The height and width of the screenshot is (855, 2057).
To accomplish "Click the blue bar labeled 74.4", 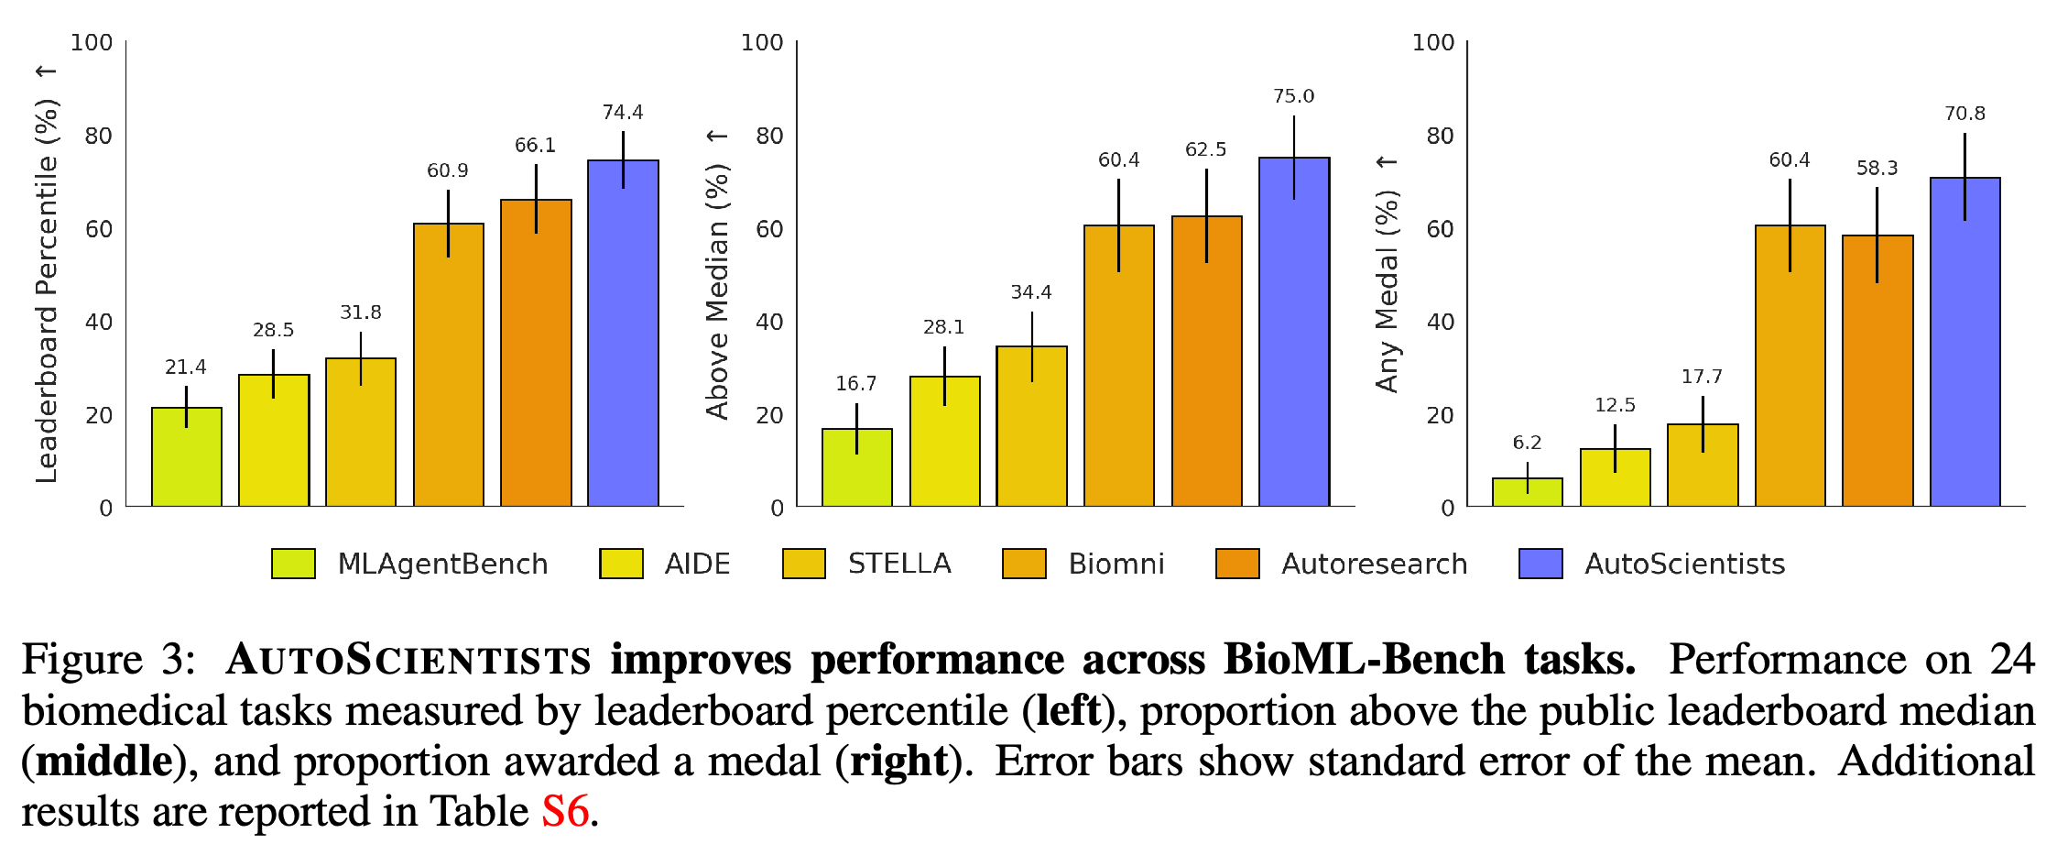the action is [623, 333].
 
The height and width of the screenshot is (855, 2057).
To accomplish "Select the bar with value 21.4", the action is [187, 456].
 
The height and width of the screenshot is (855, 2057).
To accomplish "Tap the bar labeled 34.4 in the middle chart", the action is [1032, 426].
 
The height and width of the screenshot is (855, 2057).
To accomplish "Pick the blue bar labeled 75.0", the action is [1294, 332].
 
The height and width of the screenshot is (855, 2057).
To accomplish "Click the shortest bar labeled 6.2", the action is [1528, 492].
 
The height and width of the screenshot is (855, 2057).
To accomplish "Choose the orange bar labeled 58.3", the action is [1877, 370].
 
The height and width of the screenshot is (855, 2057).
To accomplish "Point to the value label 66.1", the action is [535, 145].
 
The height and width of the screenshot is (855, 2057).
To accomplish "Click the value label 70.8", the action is [1964, 114].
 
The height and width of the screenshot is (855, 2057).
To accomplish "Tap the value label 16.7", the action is [856, 383].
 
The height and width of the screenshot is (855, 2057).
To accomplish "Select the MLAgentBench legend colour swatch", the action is [293, 564].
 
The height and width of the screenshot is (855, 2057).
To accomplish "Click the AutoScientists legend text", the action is [1685, 564].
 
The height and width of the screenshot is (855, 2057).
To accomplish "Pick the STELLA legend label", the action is [899, 564].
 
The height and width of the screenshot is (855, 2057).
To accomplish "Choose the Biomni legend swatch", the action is [1024, 564].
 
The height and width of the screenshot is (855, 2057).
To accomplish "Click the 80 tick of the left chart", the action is [99, 136].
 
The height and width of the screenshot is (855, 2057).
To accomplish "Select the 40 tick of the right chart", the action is [1441, 322].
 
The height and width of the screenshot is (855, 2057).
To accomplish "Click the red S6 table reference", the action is [565, 812].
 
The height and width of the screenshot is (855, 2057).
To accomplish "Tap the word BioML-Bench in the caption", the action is [1364, 660].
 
